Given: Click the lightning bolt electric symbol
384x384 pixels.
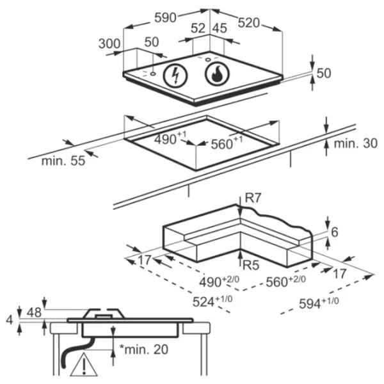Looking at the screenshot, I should [x=175, y=76].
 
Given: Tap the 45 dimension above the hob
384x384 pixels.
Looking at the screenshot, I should [x=220, y=28].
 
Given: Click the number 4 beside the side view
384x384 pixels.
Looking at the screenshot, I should [x=8, y=318].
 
